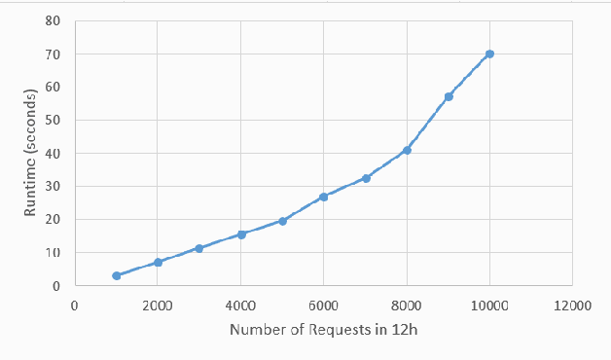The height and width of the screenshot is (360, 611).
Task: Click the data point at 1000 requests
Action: (x=117, y=275)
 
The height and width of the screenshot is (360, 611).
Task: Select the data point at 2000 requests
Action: (x=158, y=262)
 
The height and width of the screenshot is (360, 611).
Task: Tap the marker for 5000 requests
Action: (x=282, y=221)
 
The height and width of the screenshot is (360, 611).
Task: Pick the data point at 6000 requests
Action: (x=323, y=197)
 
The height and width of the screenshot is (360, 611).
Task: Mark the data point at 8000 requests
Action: (x=407, y=150)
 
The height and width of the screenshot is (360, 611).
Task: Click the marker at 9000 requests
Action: (x=449, y=96)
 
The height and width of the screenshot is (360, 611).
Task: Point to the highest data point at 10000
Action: (x=489, y=54)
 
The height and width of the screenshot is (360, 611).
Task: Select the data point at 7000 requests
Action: (x=366, y=178)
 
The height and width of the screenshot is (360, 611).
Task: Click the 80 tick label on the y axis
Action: (x=54, y=20)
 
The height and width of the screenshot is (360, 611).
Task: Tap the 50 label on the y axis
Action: (x=54, y=121)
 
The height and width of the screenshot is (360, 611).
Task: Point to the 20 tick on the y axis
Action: (x=54, y=220)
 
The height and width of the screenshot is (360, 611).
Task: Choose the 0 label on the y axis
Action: (x=57, y=286)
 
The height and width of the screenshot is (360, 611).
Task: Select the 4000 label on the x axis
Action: (x=240, y=305)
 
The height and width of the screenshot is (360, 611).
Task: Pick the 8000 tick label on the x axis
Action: (x=407, y=305)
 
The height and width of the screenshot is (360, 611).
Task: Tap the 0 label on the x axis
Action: (x=75, y=305)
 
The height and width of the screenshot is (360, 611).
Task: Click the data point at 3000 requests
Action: (x=198, y=248)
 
